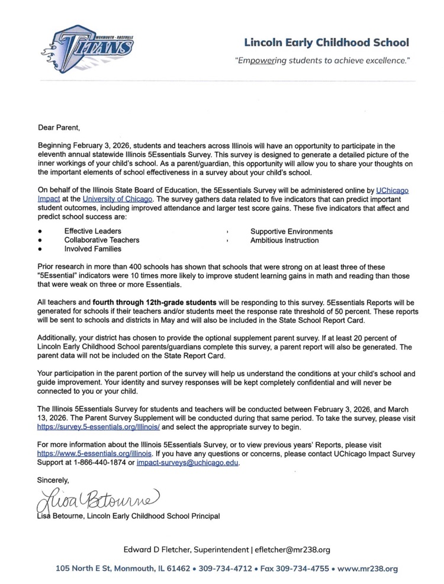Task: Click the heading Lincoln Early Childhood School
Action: point(326,43)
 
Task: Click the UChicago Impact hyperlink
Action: point(392,191)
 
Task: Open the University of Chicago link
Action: point(118,199)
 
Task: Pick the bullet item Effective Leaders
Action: point(93,231)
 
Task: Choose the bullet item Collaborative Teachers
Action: point(102,240)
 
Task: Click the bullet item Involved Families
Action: point(93,249)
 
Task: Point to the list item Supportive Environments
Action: point(291,231)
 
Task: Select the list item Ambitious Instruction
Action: point(284,240)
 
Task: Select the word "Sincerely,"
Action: point(54,481)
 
